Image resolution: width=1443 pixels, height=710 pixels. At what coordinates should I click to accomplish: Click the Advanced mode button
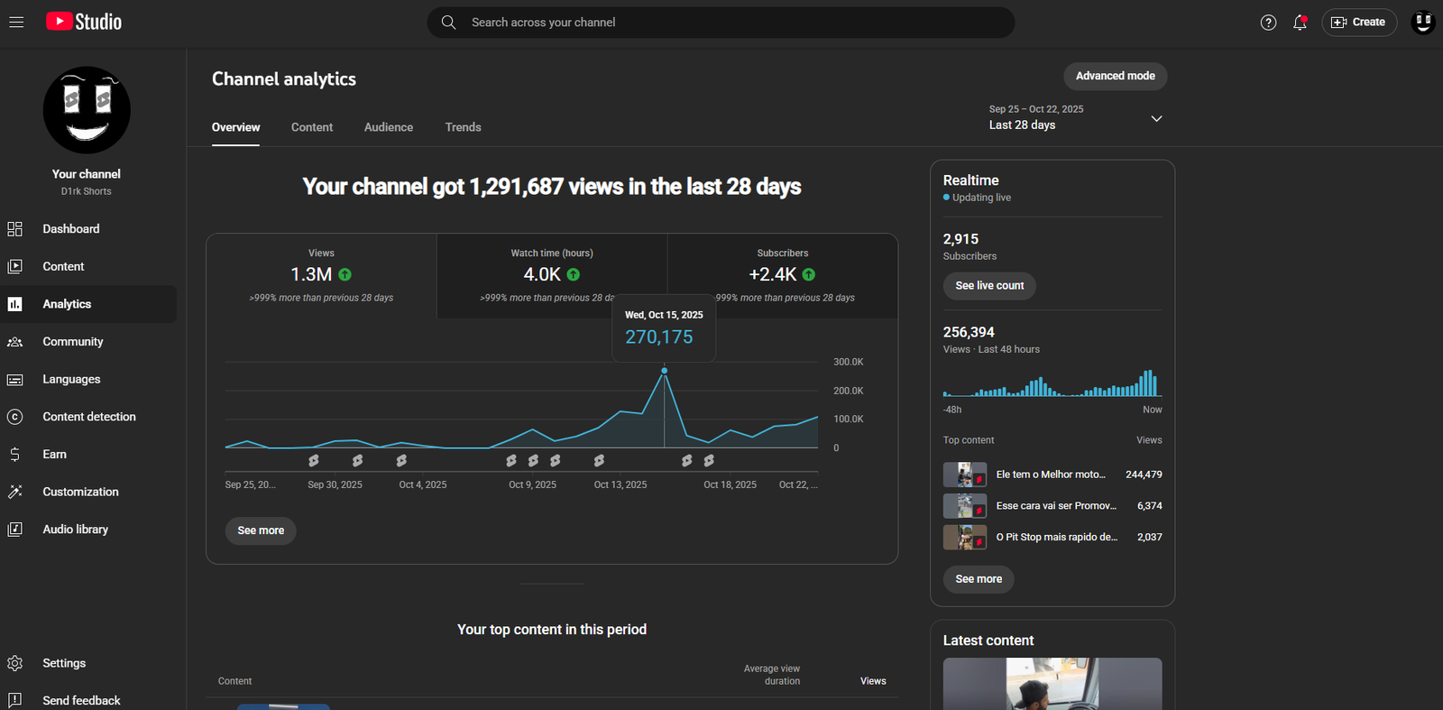click(x=1115, y=76)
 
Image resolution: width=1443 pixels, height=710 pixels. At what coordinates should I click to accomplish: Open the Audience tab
click(x=389, y=127)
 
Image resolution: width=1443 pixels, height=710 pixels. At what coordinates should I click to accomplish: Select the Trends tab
click(x=463, y=127)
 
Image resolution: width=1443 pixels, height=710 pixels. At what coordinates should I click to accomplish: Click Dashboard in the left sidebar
click(x=70, y=229)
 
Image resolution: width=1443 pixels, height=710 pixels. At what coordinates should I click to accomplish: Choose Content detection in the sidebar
click(x=88, y=417)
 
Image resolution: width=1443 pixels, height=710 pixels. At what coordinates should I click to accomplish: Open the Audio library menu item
click(x=75, y=530)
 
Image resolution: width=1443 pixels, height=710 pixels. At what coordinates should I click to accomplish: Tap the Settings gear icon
click(x=15, y=663)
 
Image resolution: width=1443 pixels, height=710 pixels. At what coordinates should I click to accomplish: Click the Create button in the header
click(x=1358, y=23)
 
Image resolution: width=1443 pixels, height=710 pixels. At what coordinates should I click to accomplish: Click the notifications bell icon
click(x=1300, y=23)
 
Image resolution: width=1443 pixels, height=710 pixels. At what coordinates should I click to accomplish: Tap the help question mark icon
click(x=1268, y=23)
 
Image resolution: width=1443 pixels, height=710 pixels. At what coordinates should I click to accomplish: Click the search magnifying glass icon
click(x=448, y=23)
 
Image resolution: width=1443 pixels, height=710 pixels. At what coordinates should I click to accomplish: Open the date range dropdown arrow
click(x=1156, y=118)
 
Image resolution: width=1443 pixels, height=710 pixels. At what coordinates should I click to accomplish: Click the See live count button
click(x=989, y=286)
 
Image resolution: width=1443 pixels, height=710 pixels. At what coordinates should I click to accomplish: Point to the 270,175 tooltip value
click(x=659, y=337)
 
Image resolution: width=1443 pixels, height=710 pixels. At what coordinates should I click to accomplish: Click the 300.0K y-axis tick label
click(x=848, y=362)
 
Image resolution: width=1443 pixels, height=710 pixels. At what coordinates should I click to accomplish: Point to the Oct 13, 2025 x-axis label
click(x=620, y=484)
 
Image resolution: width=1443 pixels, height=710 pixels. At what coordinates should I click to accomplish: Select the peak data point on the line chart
click(x=665, y=371)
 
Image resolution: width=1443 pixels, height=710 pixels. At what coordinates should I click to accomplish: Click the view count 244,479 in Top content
click(x=1144, y=475)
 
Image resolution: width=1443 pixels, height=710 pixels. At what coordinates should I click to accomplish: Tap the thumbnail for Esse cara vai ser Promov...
click(x=964, y=506)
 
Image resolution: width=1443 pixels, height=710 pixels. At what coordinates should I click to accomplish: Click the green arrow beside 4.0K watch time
click(x=574, y=274)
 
